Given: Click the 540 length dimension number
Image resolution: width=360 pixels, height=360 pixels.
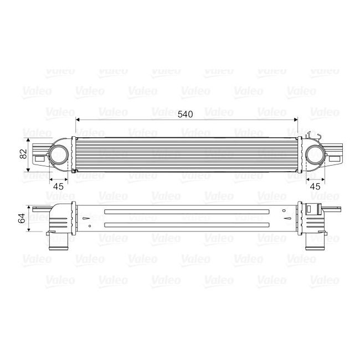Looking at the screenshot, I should coord(186,115).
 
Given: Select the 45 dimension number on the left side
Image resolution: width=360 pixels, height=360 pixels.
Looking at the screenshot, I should coord(58,186).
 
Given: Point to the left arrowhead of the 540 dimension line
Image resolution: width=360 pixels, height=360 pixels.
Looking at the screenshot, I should coord(78,119).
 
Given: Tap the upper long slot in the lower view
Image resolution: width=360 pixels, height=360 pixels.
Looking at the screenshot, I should coord(186,213).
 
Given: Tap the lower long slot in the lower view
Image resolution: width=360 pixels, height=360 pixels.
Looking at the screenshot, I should coord(186,224).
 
